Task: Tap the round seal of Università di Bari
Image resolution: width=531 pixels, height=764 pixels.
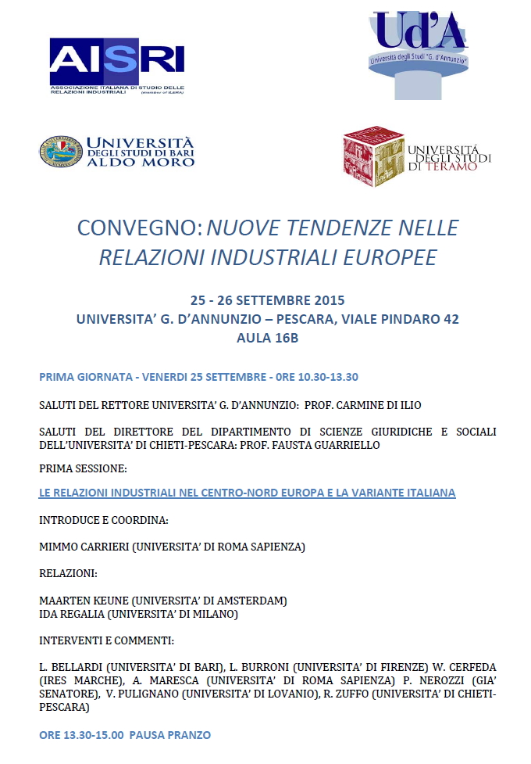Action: pos(60,150)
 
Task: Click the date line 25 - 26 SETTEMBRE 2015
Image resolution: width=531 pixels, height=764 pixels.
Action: pos(267,300)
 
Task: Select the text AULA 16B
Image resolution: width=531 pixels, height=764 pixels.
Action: pos(267,339)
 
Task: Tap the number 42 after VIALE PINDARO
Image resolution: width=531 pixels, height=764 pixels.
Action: pos(451,319)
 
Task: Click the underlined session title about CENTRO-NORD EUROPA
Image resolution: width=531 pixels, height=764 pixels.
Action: pos(247,493)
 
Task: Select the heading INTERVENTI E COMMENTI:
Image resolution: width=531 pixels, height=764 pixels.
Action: pos(106,640)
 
